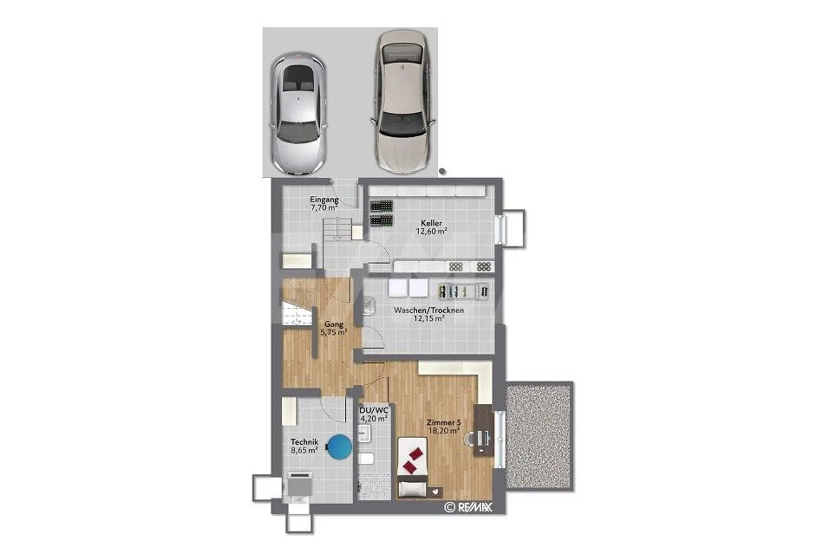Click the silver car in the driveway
pyautogui.click(x=298, y=113)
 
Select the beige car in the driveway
pyautogui.click(x=403, y=102)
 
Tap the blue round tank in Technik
pyautogui.click(x=339, y=447)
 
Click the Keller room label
pyautogui.click(x=431, y=223)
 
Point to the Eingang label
pyautogui.click(x=324, y=200)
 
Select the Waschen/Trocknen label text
pyautogui.click(x=429, y=310)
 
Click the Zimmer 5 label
pyautogui.click(x=444, y=422)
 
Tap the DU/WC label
pyautogui.click(x=374, y=410)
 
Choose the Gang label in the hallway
pyautogui.click(x=334, y=324)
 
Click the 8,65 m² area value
pyautogui.click(x=304, y=451)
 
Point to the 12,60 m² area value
pyautogui.click(x=431, y=231)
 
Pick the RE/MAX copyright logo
pyautogui.click(x=468, y=507)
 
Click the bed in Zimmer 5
pyautogui.click(x=413, y=467)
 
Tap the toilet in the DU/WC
pyautogui.click(x=366, y=459)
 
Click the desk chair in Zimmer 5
pyautogui.click(x=470, y=438)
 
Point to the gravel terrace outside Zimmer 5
pyautogui.click(x=539, y=436)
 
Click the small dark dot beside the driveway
pyautogui.click(x=442, y=172)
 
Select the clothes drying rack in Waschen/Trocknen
pyautogui.click(x=463, y=292)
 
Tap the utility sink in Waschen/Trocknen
pyautogui.click(x=369, y=306)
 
